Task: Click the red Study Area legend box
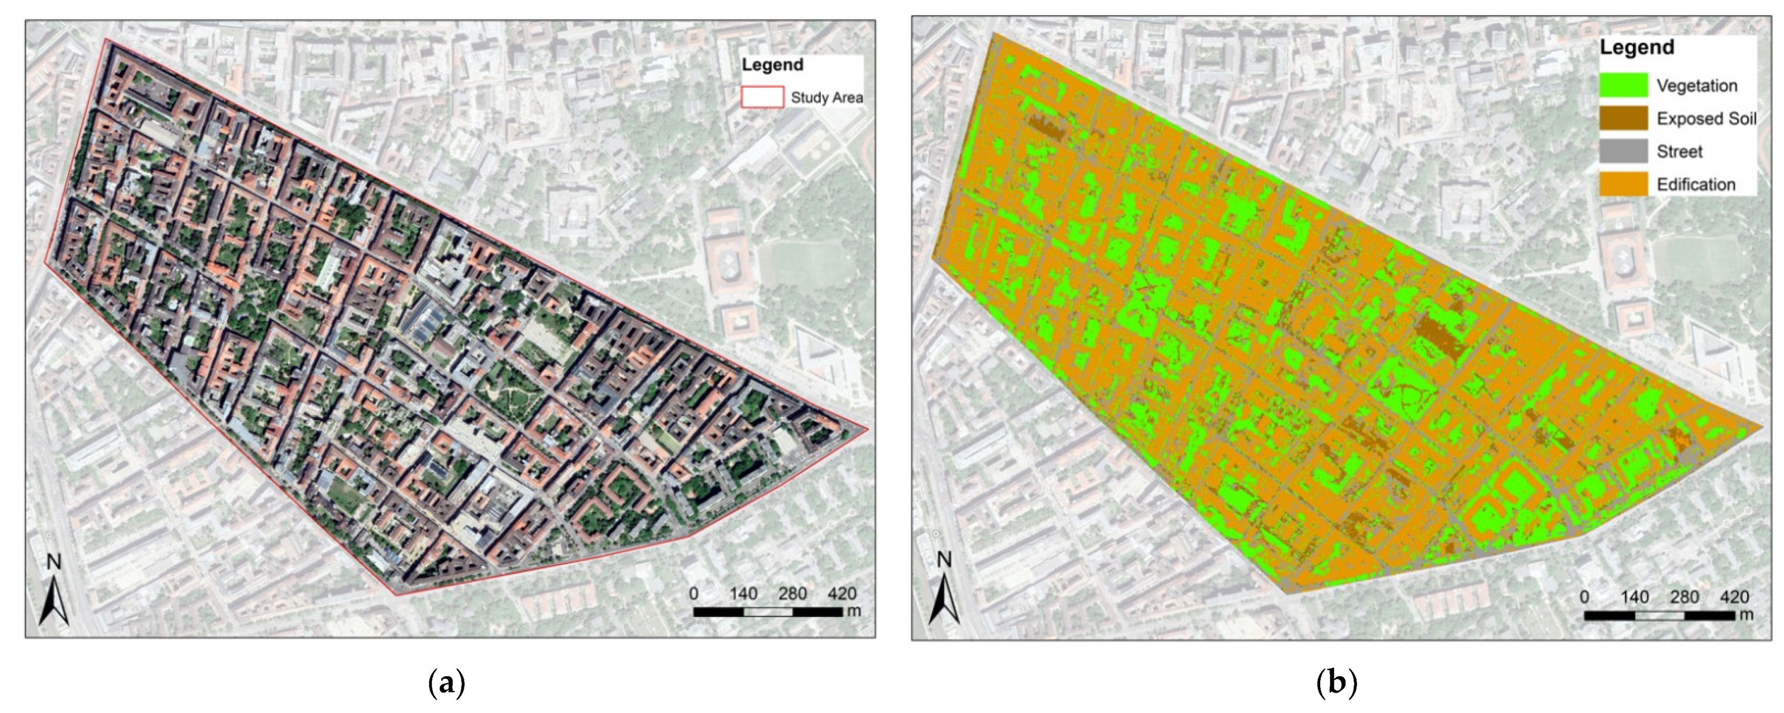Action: (762, 97)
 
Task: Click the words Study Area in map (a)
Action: (826, 97)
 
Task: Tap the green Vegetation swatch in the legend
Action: (1623, 85)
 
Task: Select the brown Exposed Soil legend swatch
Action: (1623, 118)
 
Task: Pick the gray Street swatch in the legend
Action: (1623, 151)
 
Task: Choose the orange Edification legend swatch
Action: (1623, 184)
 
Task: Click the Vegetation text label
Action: (1697, 86)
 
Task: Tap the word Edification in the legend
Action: (1695, 184)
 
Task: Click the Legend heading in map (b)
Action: (1637, 47)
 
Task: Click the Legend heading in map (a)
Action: (772, 64)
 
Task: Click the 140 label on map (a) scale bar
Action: (743, 594)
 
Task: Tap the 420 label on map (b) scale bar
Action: (1734, 597)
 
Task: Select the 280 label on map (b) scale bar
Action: (1684, 597)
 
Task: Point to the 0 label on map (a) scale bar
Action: (693, 594)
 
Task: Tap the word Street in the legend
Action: (1679, 151)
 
